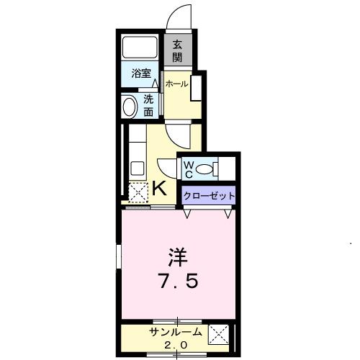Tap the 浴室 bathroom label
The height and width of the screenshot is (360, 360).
pyautogui.click(x=140, y=73)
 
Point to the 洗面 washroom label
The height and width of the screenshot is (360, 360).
pyautogui.click(x=148, y=107)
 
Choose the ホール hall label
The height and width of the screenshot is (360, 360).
pyautogui.click(x=176, y=84)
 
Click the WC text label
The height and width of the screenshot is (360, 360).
pyautogui.click(x=188, y=169)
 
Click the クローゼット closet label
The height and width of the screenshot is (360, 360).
pyautogui.click(x=209, y=194)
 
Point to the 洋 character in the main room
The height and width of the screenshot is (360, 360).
pyautogui.click(x=178, y=256)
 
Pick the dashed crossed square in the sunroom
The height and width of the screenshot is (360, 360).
pyautogui.click(x=220, y=336)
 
